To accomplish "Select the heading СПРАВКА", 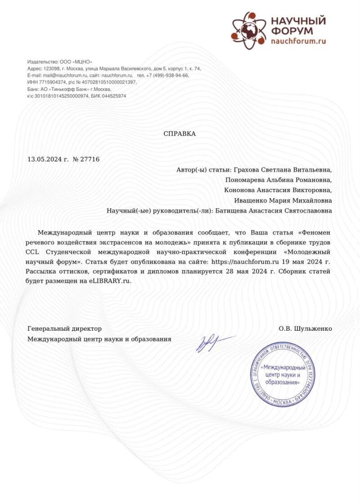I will tap(180, 134).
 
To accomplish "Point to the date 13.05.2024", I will tap(44, 159).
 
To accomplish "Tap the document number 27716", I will tap(90, 159).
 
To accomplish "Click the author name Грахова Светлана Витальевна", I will tap(283, 170).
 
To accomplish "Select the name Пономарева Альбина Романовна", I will tap(279, 180).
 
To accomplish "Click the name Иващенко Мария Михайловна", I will tap(283, 200).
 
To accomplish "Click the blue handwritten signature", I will tap(211, 343).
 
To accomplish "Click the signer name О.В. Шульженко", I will tap(305, 329).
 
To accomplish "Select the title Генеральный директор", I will tap(64, 329).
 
